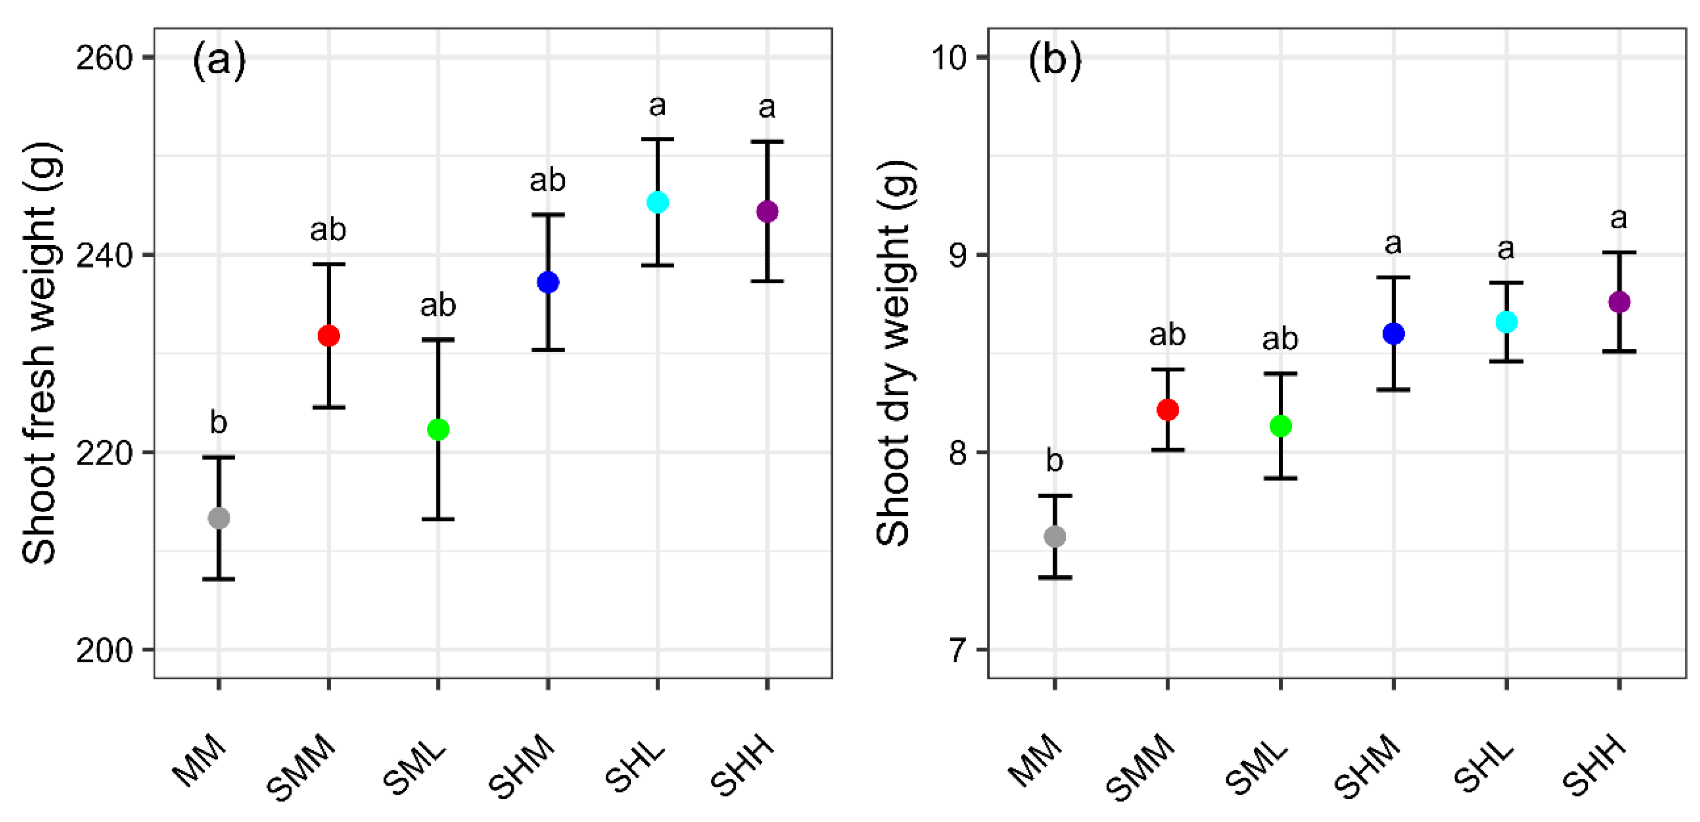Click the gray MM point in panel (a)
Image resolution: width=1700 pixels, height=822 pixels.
[x=218, y=518]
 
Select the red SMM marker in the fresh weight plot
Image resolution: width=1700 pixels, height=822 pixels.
[x=329, y=336]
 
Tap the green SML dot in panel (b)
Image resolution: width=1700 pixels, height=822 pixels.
[x=1280, y=426]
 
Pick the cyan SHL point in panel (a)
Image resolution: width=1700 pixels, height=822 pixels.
[x=657, y=202]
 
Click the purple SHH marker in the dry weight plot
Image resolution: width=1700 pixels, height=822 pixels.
[x=1619, y=302]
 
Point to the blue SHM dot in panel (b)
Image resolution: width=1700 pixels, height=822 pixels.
[x=1393, y=334]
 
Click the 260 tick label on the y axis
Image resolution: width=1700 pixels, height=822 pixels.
[x=104, y=58]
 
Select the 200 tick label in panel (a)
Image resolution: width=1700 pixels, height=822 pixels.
[x=104, y=650]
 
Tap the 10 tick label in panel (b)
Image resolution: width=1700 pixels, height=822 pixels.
[x=948, y=58]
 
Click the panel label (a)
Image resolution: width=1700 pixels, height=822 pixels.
[x=219, y=61]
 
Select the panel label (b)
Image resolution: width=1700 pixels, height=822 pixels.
[x=1055, y=61]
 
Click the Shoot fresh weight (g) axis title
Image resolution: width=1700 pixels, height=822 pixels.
[x=41, y=353]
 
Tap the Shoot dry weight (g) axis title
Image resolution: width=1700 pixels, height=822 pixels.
[x=895, y=353]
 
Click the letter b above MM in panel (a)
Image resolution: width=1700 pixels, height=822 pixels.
[x=218, y=422]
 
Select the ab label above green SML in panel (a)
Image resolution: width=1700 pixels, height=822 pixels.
[x=438, y=305]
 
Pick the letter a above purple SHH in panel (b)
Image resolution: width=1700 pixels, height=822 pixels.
[x=1619, y=218]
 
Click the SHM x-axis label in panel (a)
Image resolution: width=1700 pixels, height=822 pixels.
[x=523, y=765]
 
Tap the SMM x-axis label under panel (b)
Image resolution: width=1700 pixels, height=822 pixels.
[x=1141, y=767]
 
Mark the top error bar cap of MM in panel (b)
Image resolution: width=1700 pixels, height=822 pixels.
[x=1055, y=495]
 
